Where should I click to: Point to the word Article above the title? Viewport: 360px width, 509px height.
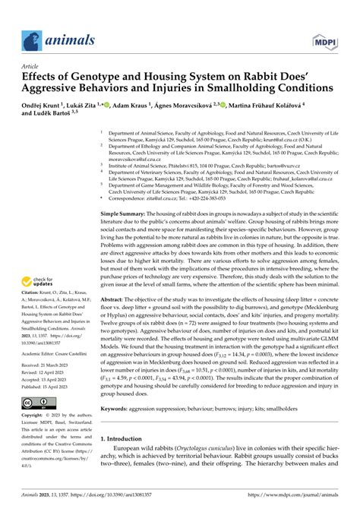pyautogui.click(x=33, y=66)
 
